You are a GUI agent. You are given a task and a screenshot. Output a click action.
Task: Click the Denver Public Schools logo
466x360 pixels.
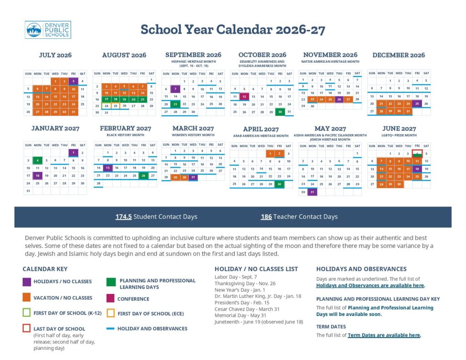coord(48,30)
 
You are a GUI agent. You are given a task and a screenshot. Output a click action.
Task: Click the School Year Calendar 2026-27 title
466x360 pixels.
coord(233,30)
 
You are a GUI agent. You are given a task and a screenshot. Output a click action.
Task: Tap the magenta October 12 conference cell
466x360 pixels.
coord(244,96)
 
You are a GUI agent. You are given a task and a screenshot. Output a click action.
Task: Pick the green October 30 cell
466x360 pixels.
coord(279,112)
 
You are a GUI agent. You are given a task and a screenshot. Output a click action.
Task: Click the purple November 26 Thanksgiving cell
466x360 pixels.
coord(339,99)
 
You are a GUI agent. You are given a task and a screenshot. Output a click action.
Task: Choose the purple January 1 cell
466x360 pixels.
coord(73,152)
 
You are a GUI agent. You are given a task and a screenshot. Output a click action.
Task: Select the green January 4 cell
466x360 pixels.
coord(37,160)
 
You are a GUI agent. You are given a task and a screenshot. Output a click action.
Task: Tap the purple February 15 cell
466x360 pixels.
coord(107,168)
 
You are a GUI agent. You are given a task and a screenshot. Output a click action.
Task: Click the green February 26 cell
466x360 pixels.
coord(143,175)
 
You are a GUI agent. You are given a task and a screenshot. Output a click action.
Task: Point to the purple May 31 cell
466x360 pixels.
coord(312,192)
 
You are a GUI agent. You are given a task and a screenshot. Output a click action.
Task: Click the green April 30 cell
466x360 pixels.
coord(279,184)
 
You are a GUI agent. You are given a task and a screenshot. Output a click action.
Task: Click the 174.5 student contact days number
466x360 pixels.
coord(123,217)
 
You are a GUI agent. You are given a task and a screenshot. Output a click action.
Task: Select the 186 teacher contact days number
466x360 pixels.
coord(266,217)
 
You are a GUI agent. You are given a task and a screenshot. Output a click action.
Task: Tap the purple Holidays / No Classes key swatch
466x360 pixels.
coord(27,281)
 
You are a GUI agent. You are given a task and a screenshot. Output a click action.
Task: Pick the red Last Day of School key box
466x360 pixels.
coord(27,328)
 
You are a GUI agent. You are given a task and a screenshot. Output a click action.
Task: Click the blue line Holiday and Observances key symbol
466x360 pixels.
coord(110,329)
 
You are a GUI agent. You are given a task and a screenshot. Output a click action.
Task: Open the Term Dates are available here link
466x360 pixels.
coord(384,335)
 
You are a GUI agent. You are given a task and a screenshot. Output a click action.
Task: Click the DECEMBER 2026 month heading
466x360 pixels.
coord(398,55)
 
